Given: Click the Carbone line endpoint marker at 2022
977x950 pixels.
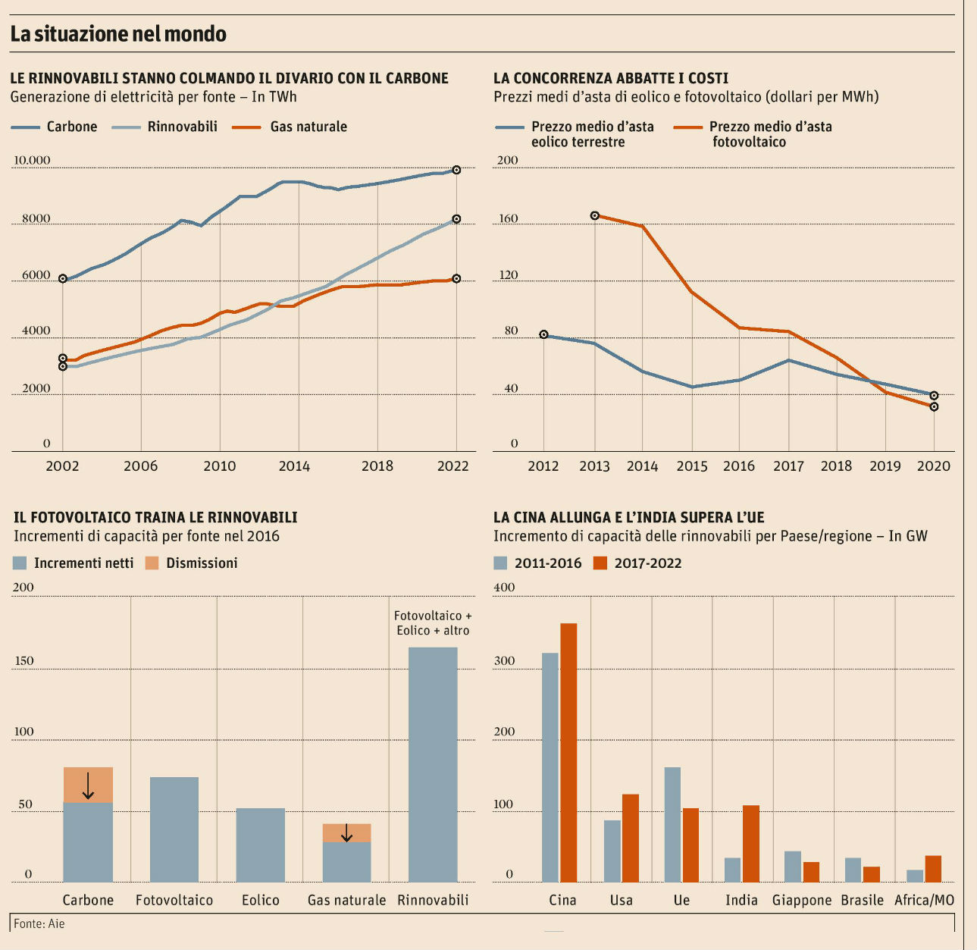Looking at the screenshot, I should [x=456, y=170].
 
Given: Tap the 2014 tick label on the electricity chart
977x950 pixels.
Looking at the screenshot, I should [x=294, y=466].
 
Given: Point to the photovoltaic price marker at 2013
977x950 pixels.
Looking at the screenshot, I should [x=595, y=215].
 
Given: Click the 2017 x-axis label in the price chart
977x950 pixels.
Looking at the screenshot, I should [x=788, y=466].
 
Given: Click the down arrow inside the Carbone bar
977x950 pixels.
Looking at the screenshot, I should [x=88, y=785].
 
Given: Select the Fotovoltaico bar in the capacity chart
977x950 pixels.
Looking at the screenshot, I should [x=174, y=829].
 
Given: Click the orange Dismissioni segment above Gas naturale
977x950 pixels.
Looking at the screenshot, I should [x=346, y=832].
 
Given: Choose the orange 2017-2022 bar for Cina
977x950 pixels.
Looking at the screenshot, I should [x=568, y=752].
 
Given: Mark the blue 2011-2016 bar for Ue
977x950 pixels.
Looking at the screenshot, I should [x=672, y=824].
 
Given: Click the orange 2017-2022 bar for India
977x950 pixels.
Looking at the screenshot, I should [x=751, y=843].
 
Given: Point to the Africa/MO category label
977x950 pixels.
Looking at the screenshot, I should [x=924, y=900].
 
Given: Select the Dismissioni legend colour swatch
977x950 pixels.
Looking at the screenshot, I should [x=152, y=563].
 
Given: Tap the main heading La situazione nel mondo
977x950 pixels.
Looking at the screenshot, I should [x=118, y=34].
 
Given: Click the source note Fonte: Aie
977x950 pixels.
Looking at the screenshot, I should [x=39, y=923].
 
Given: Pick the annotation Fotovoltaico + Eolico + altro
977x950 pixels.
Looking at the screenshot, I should [x=433, y=623].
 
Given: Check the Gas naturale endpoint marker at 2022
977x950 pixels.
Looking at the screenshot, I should [x=456, y=278].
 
